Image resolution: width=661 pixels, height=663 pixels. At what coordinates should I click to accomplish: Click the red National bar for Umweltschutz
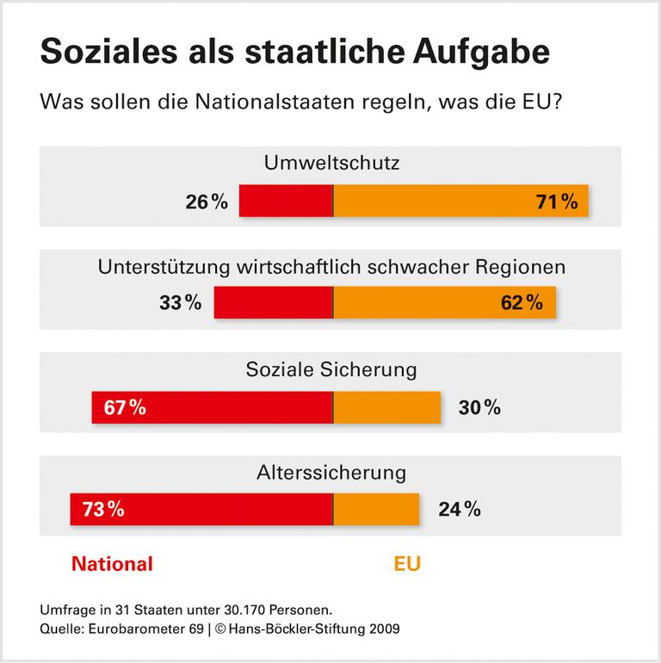tap(286, 201)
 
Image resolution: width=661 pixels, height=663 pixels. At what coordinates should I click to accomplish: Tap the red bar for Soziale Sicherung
tap(232, 407)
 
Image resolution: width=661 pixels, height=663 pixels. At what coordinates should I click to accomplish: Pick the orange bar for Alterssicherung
tap(376, 509)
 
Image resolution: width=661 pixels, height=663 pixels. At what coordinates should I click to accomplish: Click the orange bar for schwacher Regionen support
tap(430, 303)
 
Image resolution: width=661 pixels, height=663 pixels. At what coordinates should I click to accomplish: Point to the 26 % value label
tap(207, 202)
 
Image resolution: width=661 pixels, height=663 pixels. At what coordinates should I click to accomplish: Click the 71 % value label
tap(557, 202)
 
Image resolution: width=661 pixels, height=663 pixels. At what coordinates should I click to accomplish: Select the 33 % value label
tap(180, 303)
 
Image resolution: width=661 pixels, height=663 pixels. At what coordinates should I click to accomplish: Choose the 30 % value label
tap(479, 407)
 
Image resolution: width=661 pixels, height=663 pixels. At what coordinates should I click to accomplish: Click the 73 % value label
tap(103, 509)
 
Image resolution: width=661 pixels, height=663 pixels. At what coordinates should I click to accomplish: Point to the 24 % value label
tap(459, 509)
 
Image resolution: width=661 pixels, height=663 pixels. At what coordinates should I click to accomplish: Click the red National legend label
tap(112, 565)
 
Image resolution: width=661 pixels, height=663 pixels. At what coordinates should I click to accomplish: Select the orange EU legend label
tap(408, 565)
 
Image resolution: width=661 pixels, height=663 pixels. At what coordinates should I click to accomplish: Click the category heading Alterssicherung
tap(331, 473)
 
